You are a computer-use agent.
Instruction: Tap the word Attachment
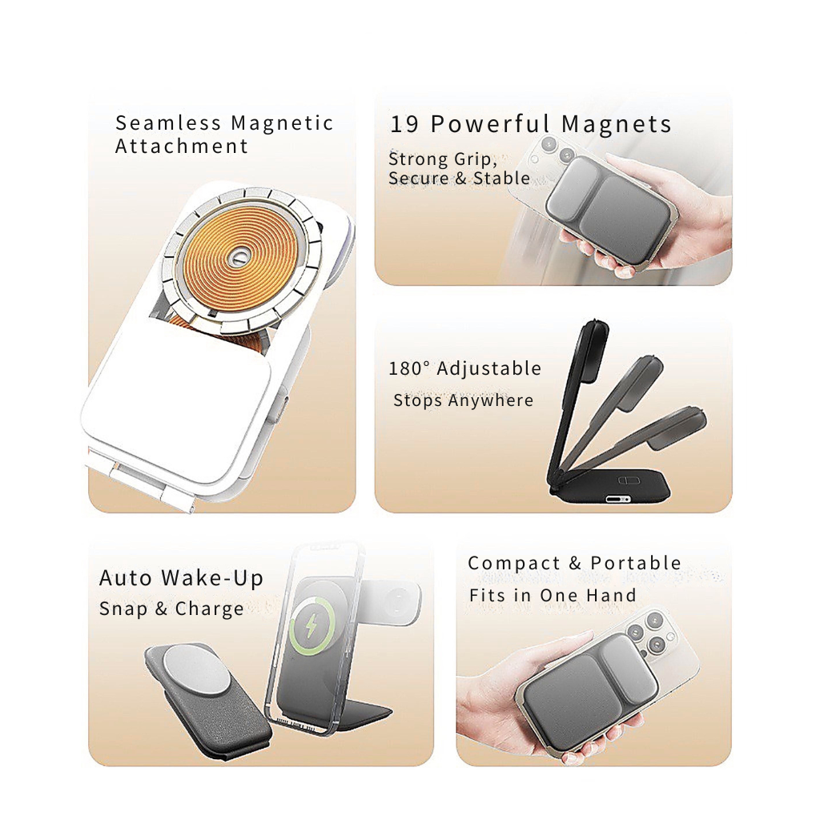tap(182, 147)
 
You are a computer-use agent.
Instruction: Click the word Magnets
tap(616, 124)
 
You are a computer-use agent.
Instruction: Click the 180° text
tap(410, 369)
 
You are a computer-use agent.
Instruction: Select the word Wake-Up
tap(212, 578)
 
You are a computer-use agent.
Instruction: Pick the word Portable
tap(636, 564)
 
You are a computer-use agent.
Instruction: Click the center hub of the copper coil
tap(238, 259)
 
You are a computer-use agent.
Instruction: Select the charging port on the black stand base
tap(618, 499)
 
